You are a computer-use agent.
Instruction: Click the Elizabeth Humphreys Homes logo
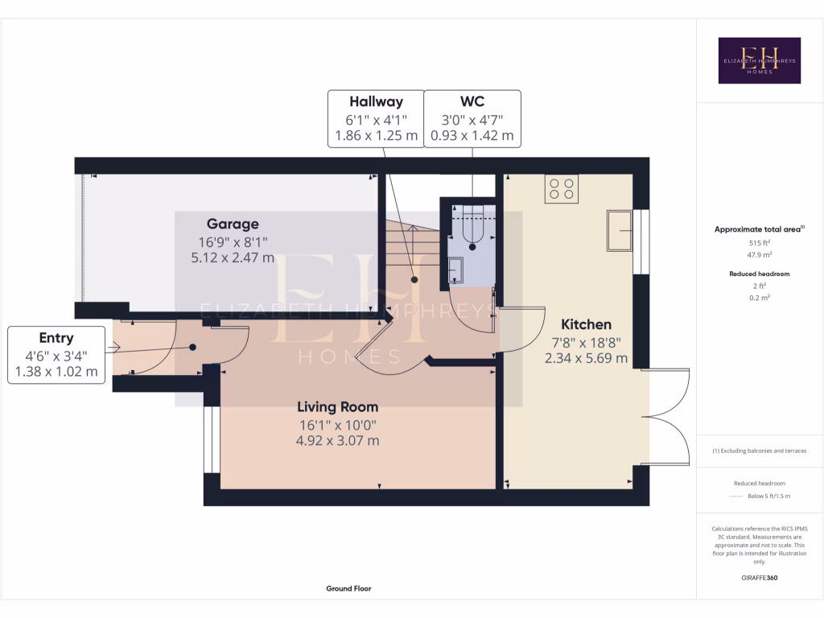click(x=759, y=60)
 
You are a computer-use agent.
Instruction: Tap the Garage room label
click(x=233, y=224)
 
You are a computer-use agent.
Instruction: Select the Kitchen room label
click(x=586, y=324)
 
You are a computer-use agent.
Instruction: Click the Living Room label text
click(x=337, y=407)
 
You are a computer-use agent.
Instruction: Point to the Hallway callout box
click(x=376, y=118)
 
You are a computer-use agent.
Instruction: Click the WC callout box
click(x=472, y=118)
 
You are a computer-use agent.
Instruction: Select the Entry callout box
click(x=56, y=355)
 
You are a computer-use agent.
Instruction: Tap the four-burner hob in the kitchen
click(x=561, y=188)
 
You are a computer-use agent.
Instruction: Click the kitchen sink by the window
click(x=620, y=230)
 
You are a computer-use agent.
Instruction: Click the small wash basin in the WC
click(x=455, y=269)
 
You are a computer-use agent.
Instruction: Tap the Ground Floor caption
click(x=348, y=588)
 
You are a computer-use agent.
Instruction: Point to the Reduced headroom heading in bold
click(x=758, y=274)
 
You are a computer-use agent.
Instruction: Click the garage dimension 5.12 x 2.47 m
click(x=233, y=258)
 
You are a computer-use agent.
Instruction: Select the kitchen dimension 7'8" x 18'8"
click(x=586, y=342)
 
